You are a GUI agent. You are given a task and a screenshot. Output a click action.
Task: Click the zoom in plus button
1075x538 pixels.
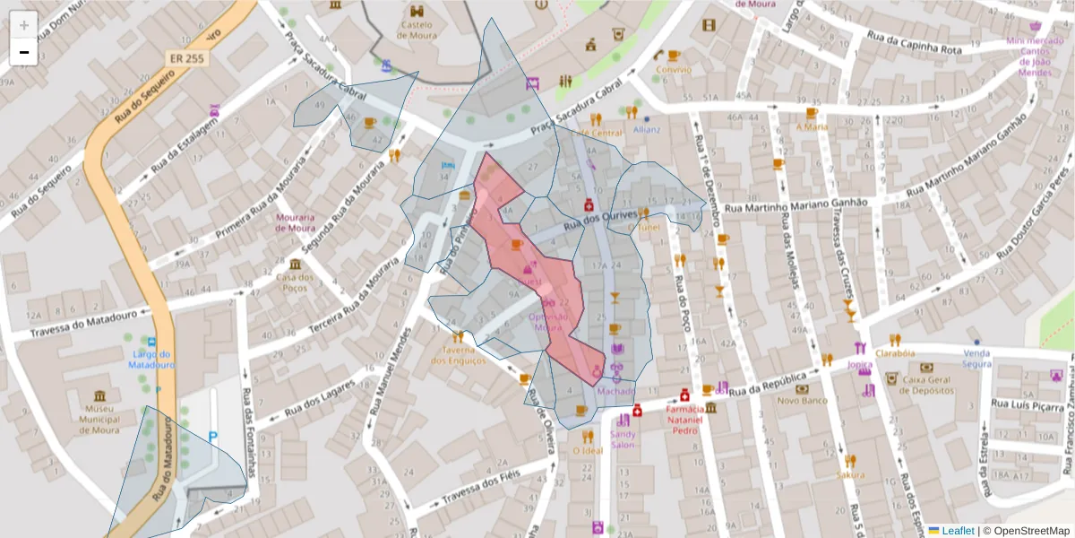(x=24, y=25)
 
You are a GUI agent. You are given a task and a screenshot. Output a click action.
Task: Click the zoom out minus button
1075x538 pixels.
(x=24, y=52)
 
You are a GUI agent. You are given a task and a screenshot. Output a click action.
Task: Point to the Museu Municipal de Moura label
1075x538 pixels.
(x=99, y=418)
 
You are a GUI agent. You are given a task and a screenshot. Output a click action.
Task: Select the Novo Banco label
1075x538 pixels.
(x=801, y=400)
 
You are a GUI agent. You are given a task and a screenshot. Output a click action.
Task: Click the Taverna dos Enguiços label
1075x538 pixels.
(x=459, y=355)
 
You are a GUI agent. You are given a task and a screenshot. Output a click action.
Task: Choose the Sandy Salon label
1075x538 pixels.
(x=623, y=439)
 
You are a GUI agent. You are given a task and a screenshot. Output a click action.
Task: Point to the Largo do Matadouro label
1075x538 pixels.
(x=150, y=360)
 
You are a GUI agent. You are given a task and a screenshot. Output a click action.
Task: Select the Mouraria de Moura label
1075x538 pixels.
(x=296, y=222)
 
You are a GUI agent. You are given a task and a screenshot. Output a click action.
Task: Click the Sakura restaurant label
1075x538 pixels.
(x=850, y=473)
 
